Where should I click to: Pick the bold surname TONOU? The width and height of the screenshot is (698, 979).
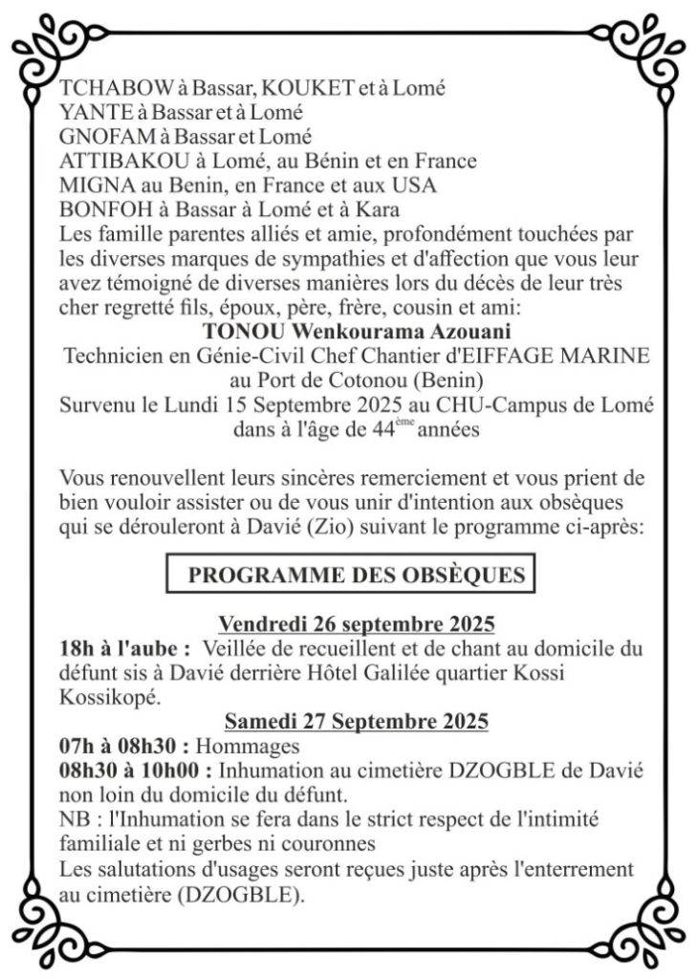(x=243, y=331)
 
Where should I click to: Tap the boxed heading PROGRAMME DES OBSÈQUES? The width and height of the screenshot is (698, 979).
(x=356, y=575)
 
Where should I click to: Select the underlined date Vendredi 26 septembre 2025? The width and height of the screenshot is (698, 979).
(x=356, y=624)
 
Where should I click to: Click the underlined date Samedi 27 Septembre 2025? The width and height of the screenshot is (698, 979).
(x=356, y=721)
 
